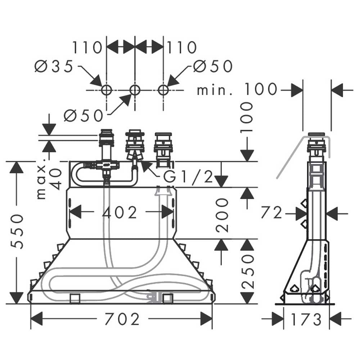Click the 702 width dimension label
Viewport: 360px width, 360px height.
pos(122,319)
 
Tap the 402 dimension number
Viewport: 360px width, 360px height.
pos(120,212)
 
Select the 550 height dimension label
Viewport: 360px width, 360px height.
pos(17,231)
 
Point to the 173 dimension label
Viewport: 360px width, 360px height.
pos(306,319)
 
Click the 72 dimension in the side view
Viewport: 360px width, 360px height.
pos(271,213)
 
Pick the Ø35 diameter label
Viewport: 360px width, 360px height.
pos(54,66)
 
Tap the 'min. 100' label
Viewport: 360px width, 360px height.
pos(237,89)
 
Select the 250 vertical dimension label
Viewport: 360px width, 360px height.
pos(248,271)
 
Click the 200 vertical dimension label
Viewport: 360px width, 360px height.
pos(222,215)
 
